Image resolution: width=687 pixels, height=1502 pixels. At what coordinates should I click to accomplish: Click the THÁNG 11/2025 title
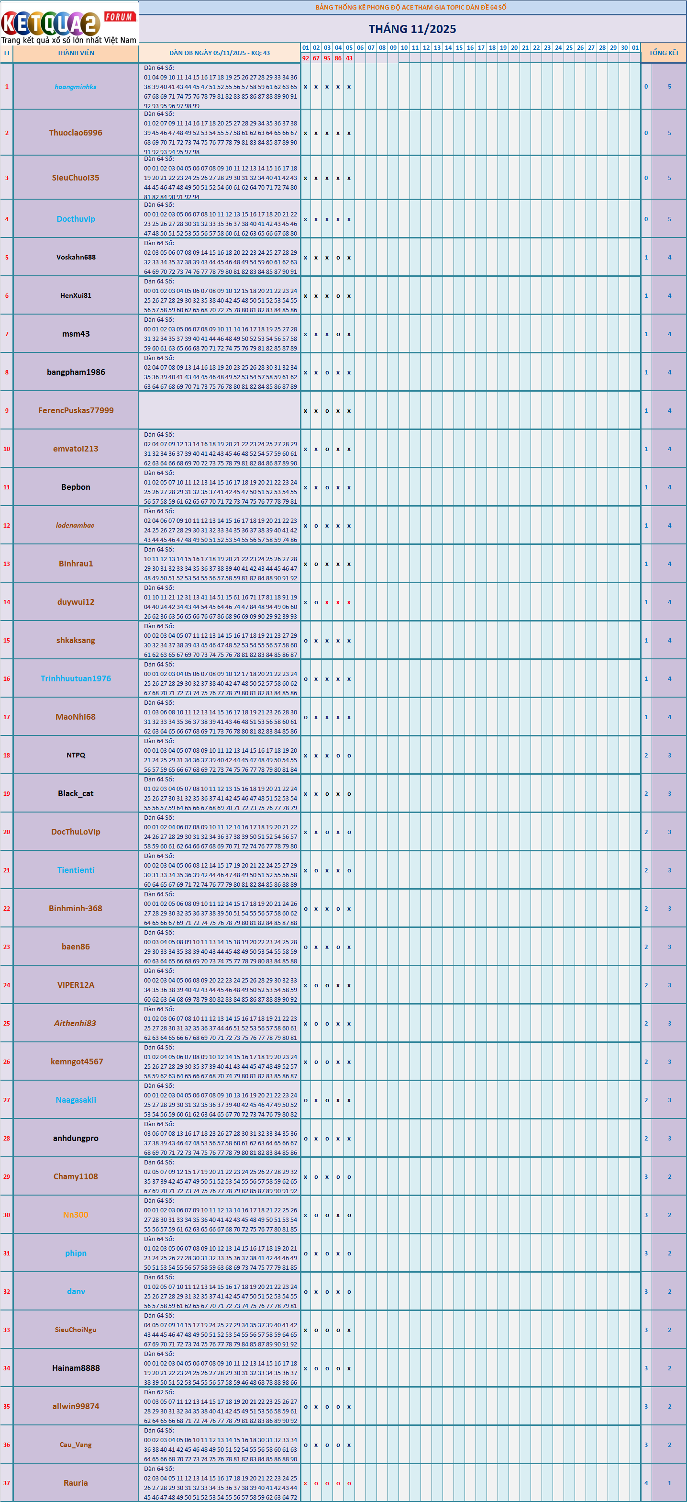click(412, 29)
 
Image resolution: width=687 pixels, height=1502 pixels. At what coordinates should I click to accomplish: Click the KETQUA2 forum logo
click(69, 23)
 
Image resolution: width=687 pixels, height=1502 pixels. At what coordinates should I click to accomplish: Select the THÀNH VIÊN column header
click(76, 53)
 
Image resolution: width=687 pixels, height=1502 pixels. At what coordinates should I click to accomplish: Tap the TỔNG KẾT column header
click(664, 53)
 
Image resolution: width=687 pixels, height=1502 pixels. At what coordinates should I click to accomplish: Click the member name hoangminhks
click(76, 87)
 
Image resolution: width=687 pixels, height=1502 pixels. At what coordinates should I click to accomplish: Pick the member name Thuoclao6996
click(76, 133)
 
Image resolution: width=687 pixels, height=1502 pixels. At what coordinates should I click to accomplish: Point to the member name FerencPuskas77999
click(76, 410)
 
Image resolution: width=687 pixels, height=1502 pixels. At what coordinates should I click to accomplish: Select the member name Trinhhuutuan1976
click(76, 678)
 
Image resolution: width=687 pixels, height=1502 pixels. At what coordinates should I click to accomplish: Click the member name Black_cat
click(76, 793)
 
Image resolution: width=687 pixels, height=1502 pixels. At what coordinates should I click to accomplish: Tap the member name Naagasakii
click(76, 1100)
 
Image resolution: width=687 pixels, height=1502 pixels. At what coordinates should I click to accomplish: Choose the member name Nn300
click(76, 1215)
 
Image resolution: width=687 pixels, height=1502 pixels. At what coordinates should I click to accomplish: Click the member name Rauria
click(76, 1483)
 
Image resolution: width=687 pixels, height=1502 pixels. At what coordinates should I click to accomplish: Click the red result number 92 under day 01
click(305, 58)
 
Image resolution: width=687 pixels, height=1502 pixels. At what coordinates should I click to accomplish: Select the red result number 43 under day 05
click(349, 58)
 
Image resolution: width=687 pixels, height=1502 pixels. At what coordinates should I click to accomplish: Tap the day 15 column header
click(459, 48)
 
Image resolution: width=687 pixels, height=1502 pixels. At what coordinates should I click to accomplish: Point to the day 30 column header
click(624, 48)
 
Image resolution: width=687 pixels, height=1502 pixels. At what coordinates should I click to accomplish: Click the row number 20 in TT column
click(6, 832)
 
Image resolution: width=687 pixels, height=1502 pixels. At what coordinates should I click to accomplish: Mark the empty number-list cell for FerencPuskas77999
click(219, 410)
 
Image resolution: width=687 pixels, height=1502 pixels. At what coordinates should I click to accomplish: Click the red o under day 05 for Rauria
click(349, 1483)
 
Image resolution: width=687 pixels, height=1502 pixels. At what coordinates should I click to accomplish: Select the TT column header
click(6, 53)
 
